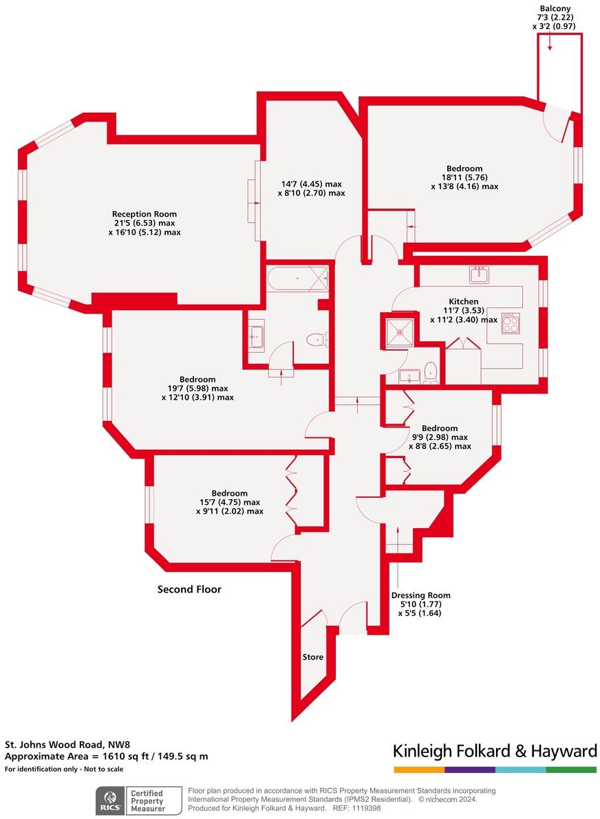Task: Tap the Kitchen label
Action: click(463, 302)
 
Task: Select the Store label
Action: click(313, 657)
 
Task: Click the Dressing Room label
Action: click(420, 596)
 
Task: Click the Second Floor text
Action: click(189, 589)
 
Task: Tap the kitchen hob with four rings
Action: click(511, 323)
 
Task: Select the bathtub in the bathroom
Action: click(297, 279)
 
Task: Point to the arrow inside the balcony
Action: click(550, 43)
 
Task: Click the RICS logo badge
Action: click(109, 800)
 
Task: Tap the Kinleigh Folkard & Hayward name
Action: click(495, 751)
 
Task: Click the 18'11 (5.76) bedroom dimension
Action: click(464, 177)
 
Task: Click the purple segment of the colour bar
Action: click(470, 769)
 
